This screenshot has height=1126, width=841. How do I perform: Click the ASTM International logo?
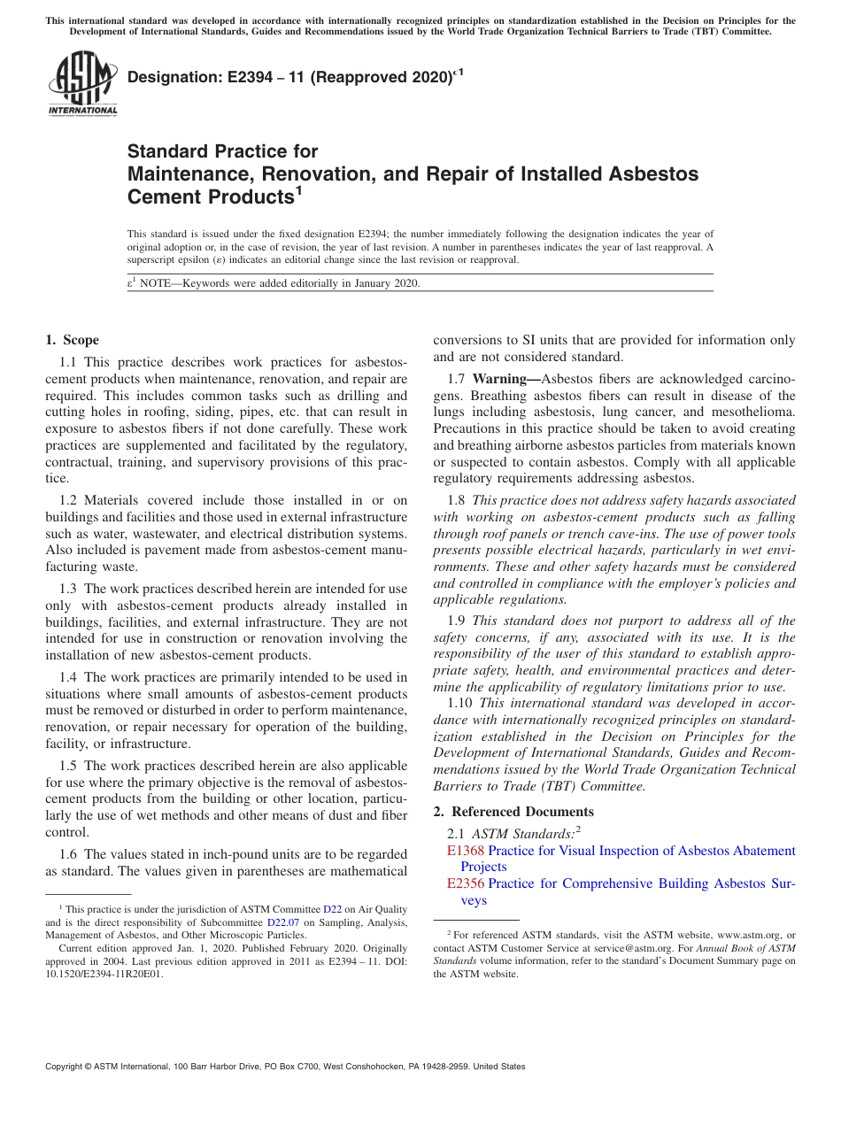(82, 84)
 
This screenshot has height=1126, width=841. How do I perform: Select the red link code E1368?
(466, 851)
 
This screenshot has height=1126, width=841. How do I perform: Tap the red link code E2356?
(466, 883)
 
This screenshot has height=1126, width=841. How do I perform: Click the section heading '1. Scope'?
(72, 340)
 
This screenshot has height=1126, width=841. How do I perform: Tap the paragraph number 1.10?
(462, 703)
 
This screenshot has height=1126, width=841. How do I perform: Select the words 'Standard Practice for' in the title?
(222, 151)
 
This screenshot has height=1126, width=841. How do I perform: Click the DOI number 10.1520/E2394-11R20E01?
(104, 974)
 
